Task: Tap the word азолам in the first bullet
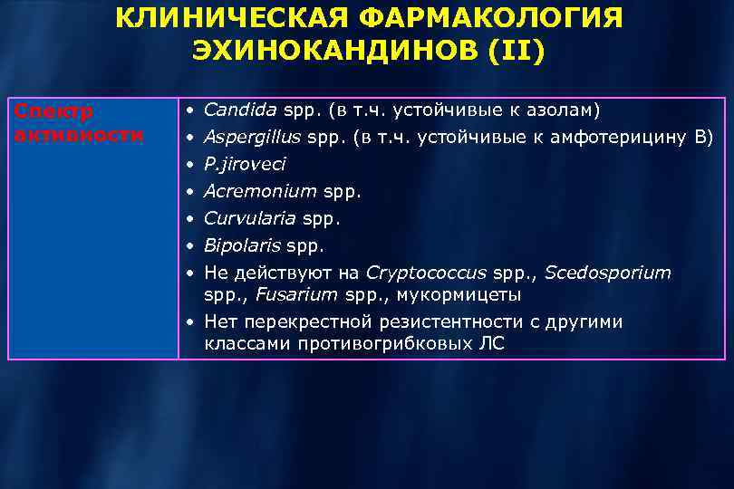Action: [563, 110]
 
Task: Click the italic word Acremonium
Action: [260, 192]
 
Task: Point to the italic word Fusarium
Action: [294, 295]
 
